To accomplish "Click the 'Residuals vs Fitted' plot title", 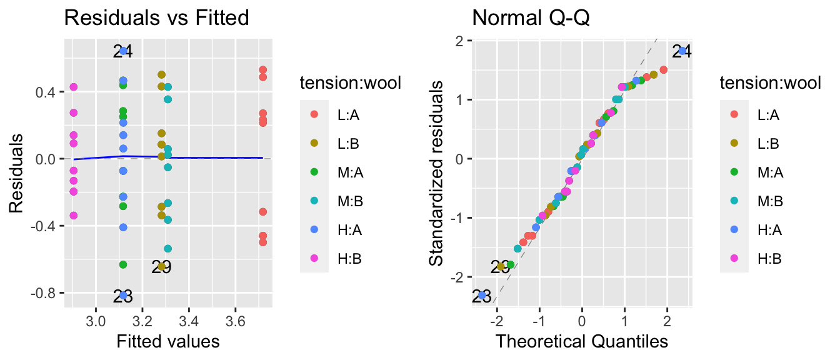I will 157,18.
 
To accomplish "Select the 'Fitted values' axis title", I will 167,342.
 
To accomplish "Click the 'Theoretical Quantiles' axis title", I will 582,342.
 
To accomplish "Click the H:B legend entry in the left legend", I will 331,258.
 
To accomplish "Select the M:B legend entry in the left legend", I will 331,201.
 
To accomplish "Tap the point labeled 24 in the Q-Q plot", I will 682,51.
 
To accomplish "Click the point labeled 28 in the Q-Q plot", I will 482,295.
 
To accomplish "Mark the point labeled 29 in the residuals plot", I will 161,267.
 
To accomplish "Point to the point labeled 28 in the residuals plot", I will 123,296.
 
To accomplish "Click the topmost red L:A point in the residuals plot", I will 262,70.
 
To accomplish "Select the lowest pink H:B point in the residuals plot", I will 73,216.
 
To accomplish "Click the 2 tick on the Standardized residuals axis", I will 459,41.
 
